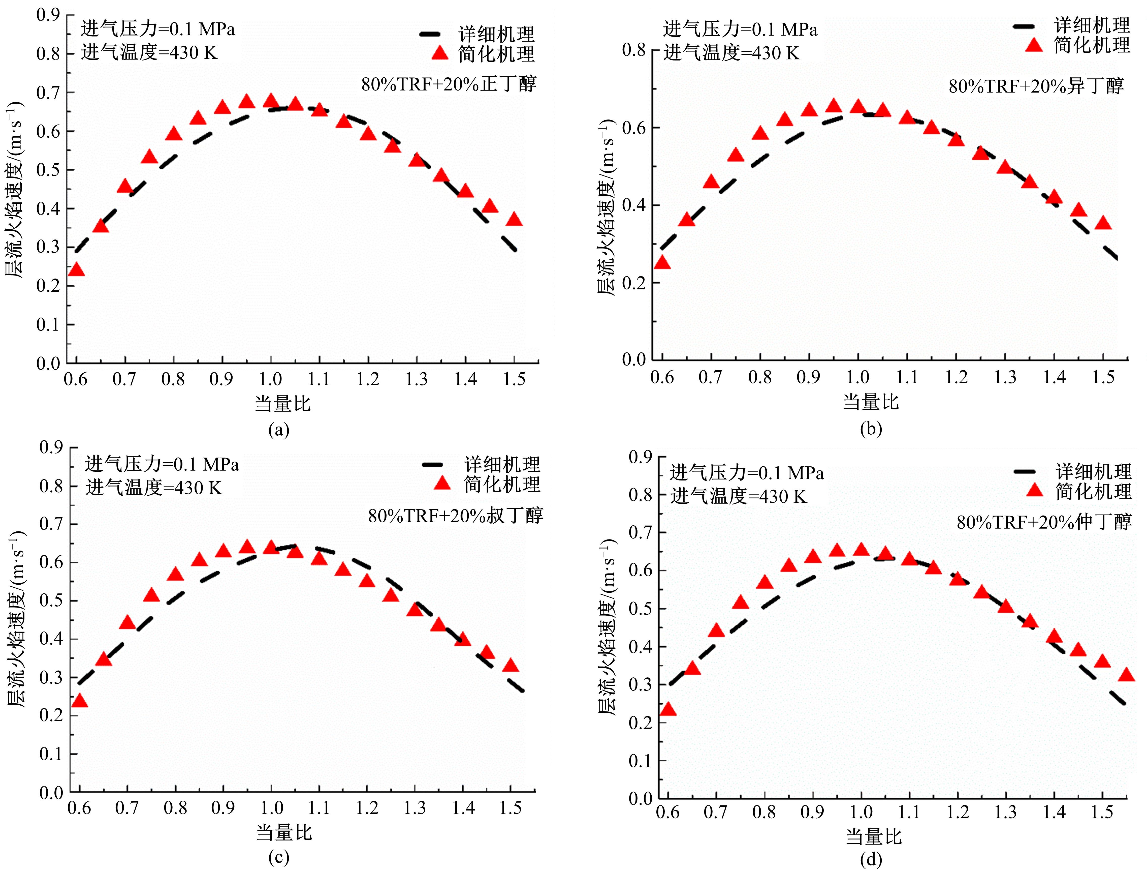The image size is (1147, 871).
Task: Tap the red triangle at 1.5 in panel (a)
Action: [514, 219]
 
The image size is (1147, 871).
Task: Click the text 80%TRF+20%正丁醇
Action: [449, 83]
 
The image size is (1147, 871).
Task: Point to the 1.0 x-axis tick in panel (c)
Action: [271, 808]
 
